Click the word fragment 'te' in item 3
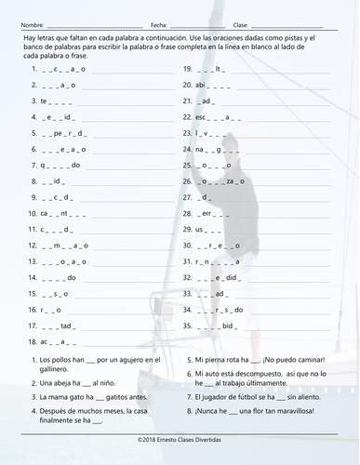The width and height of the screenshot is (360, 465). tap(43, 100)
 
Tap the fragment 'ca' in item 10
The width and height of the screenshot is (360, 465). tap(44, 213)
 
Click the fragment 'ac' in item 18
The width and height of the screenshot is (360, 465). tap(44, 342)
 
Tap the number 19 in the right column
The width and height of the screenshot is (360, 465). tap(187, 69)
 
